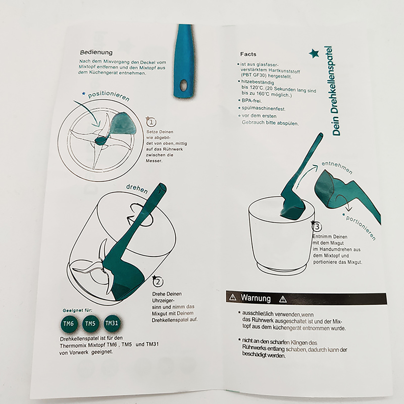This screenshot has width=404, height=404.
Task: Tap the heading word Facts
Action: [x=248, y=54]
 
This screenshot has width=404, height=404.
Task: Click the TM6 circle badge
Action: [x=68, y=323]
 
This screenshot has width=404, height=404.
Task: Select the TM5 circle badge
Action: [x=90, y=323]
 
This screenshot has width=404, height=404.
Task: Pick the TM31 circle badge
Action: [x=112, y=323]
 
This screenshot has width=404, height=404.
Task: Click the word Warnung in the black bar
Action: [x=256, y=298]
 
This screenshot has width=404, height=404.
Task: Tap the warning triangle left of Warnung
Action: [x=233, y=297]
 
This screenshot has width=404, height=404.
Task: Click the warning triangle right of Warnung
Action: [x=283, y=299]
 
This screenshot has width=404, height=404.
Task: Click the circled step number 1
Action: [x=151, y=122]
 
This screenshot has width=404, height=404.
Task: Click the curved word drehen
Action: [x=137, y=188]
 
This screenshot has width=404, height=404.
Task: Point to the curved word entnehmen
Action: [x=337, y=167]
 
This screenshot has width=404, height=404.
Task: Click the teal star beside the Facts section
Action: [x=314, y=54]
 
